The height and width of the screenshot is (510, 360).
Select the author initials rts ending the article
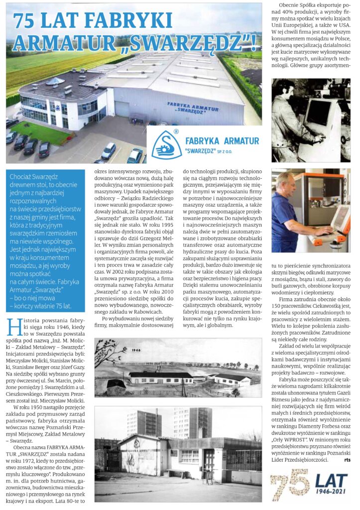coord(347,460)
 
